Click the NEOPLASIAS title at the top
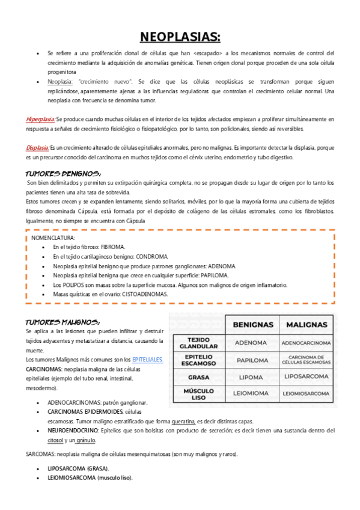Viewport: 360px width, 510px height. pos(180,37)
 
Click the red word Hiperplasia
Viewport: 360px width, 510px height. pos(40,119)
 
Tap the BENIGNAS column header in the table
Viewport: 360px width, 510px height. pos(252,325)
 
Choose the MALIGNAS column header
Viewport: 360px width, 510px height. pos(307,325)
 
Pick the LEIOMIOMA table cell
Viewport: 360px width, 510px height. pos(251,394)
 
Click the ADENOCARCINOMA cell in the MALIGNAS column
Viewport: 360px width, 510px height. pos(307,343)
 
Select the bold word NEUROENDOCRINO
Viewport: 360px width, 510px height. pos(73,431)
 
